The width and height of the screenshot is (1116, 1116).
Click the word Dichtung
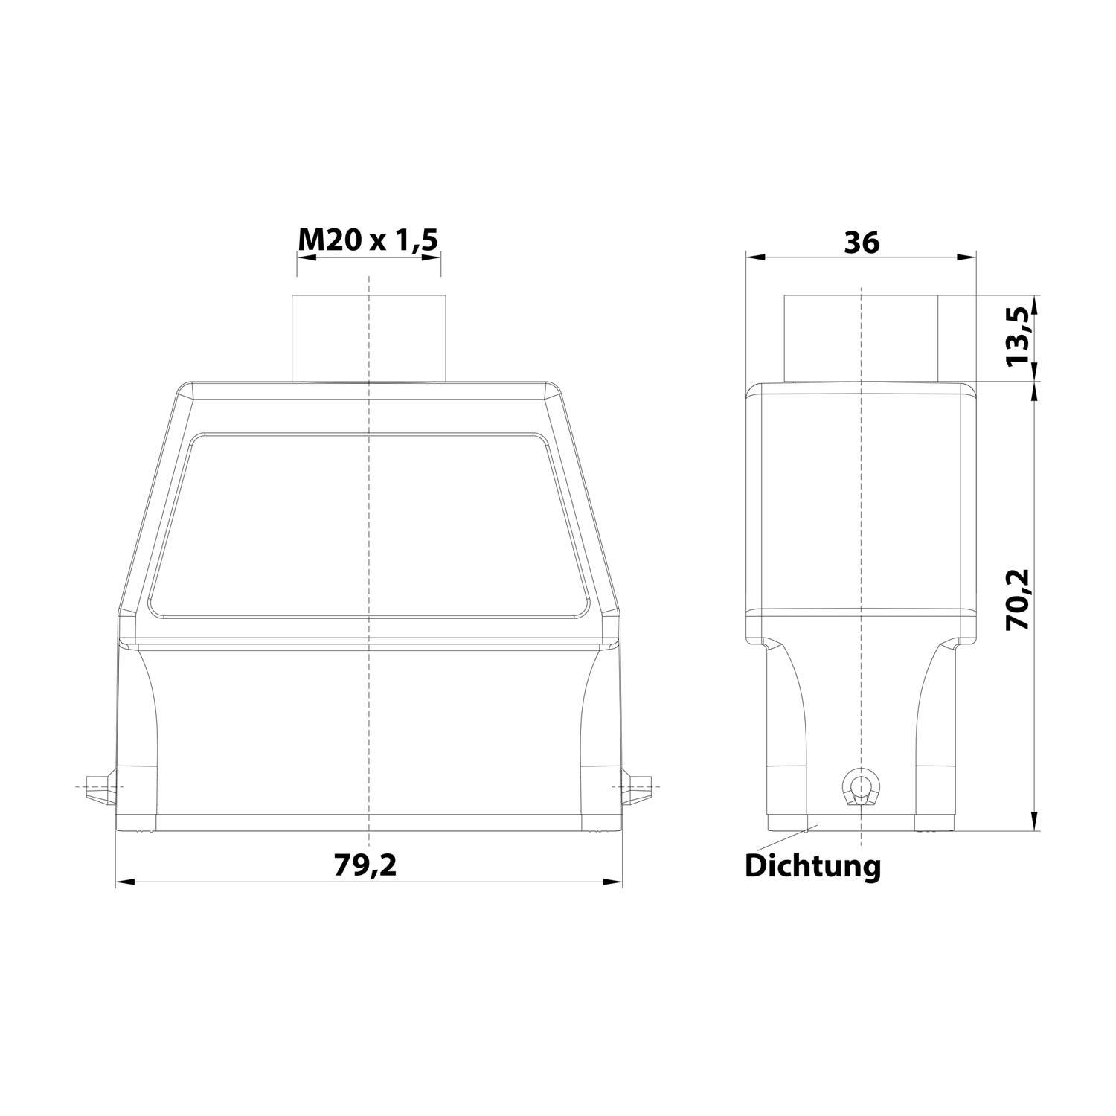812,865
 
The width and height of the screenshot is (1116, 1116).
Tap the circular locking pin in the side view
861,784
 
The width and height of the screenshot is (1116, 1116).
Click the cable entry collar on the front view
369,339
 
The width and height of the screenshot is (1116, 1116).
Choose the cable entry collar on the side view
862,339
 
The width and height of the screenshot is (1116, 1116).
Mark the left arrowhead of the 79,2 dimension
124,882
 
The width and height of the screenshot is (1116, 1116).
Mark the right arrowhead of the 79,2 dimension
613,882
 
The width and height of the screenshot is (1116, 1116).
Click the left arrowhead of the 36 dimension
755,258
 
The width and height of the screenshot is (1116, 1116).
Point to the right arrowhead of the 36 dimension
967,258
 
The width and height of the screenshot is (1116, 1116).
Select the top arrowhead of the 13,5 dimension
1036,305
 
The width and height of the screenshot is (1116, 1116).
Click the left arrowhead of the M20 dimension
306,258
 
